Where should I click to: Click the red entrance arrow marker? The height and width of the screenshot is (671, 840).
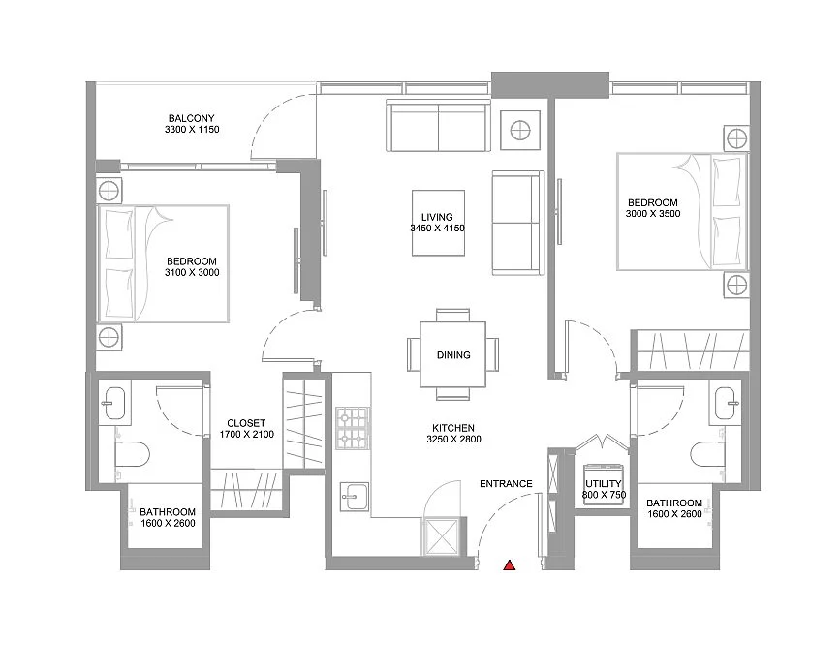pos(508,565)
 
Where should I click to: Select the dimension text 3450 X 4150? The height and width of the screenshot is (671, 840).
pos(438,229)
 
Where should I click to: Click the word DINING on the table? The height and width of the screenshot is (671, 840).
pos(453,355)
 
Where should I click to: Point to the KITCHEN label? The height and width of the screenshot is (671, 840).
pos(453,427)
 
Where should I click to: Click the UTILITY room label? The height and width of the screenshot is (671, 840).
pos(603,483)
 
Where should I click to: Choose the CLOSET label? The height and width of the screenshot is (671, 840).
pos(246,423)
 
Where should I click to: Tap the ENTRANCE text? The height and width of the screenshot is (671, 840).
pos(506,484)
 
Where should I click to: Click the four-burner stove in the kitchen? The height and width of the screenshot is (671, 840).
pos(353,429)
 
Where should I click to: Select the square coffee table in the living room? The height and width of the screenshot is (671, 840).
pos(438,223)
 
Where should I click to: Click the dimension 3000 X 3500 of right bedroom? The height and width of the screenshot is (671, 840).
pos(654,214)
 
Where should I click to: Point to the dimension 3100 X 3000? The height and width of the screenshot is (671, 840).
pos(192,273)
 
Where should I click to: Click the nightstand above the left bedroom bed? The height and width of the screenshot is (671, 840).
pos(109,188)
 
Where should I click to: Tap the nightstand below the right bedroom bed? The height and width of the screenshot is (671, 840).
pos(737,286)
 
